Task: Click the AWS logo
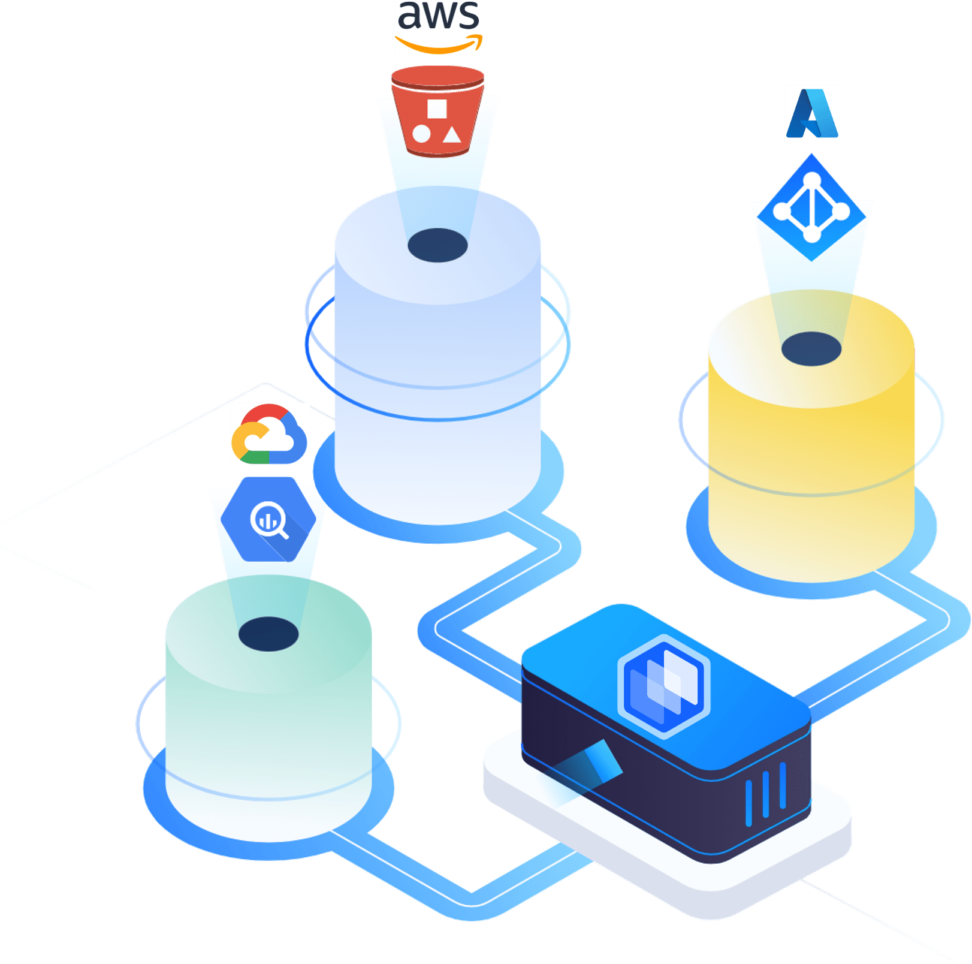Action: coord(439,28)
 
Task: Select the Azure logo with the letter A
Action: coord(812,113)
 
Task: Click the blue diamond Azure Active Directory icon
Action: coord(811,207)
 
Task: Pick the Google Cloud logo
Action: coord(270,435)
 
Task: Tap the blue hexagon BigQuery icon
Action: coord(268,519)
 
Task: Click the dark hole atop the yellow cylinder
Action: coord(811,348)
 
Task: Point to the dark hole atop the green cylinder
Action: coord(268,634)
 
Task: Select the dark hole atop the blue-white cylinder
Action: coord(437,245)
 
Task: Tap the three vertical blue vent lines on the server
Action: coord(766,794)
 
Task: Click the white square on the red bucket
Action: coord(437,109)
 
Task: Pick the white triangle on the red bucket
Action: coord(452,135)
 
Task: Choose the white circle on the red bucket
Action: coord(421,134)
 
